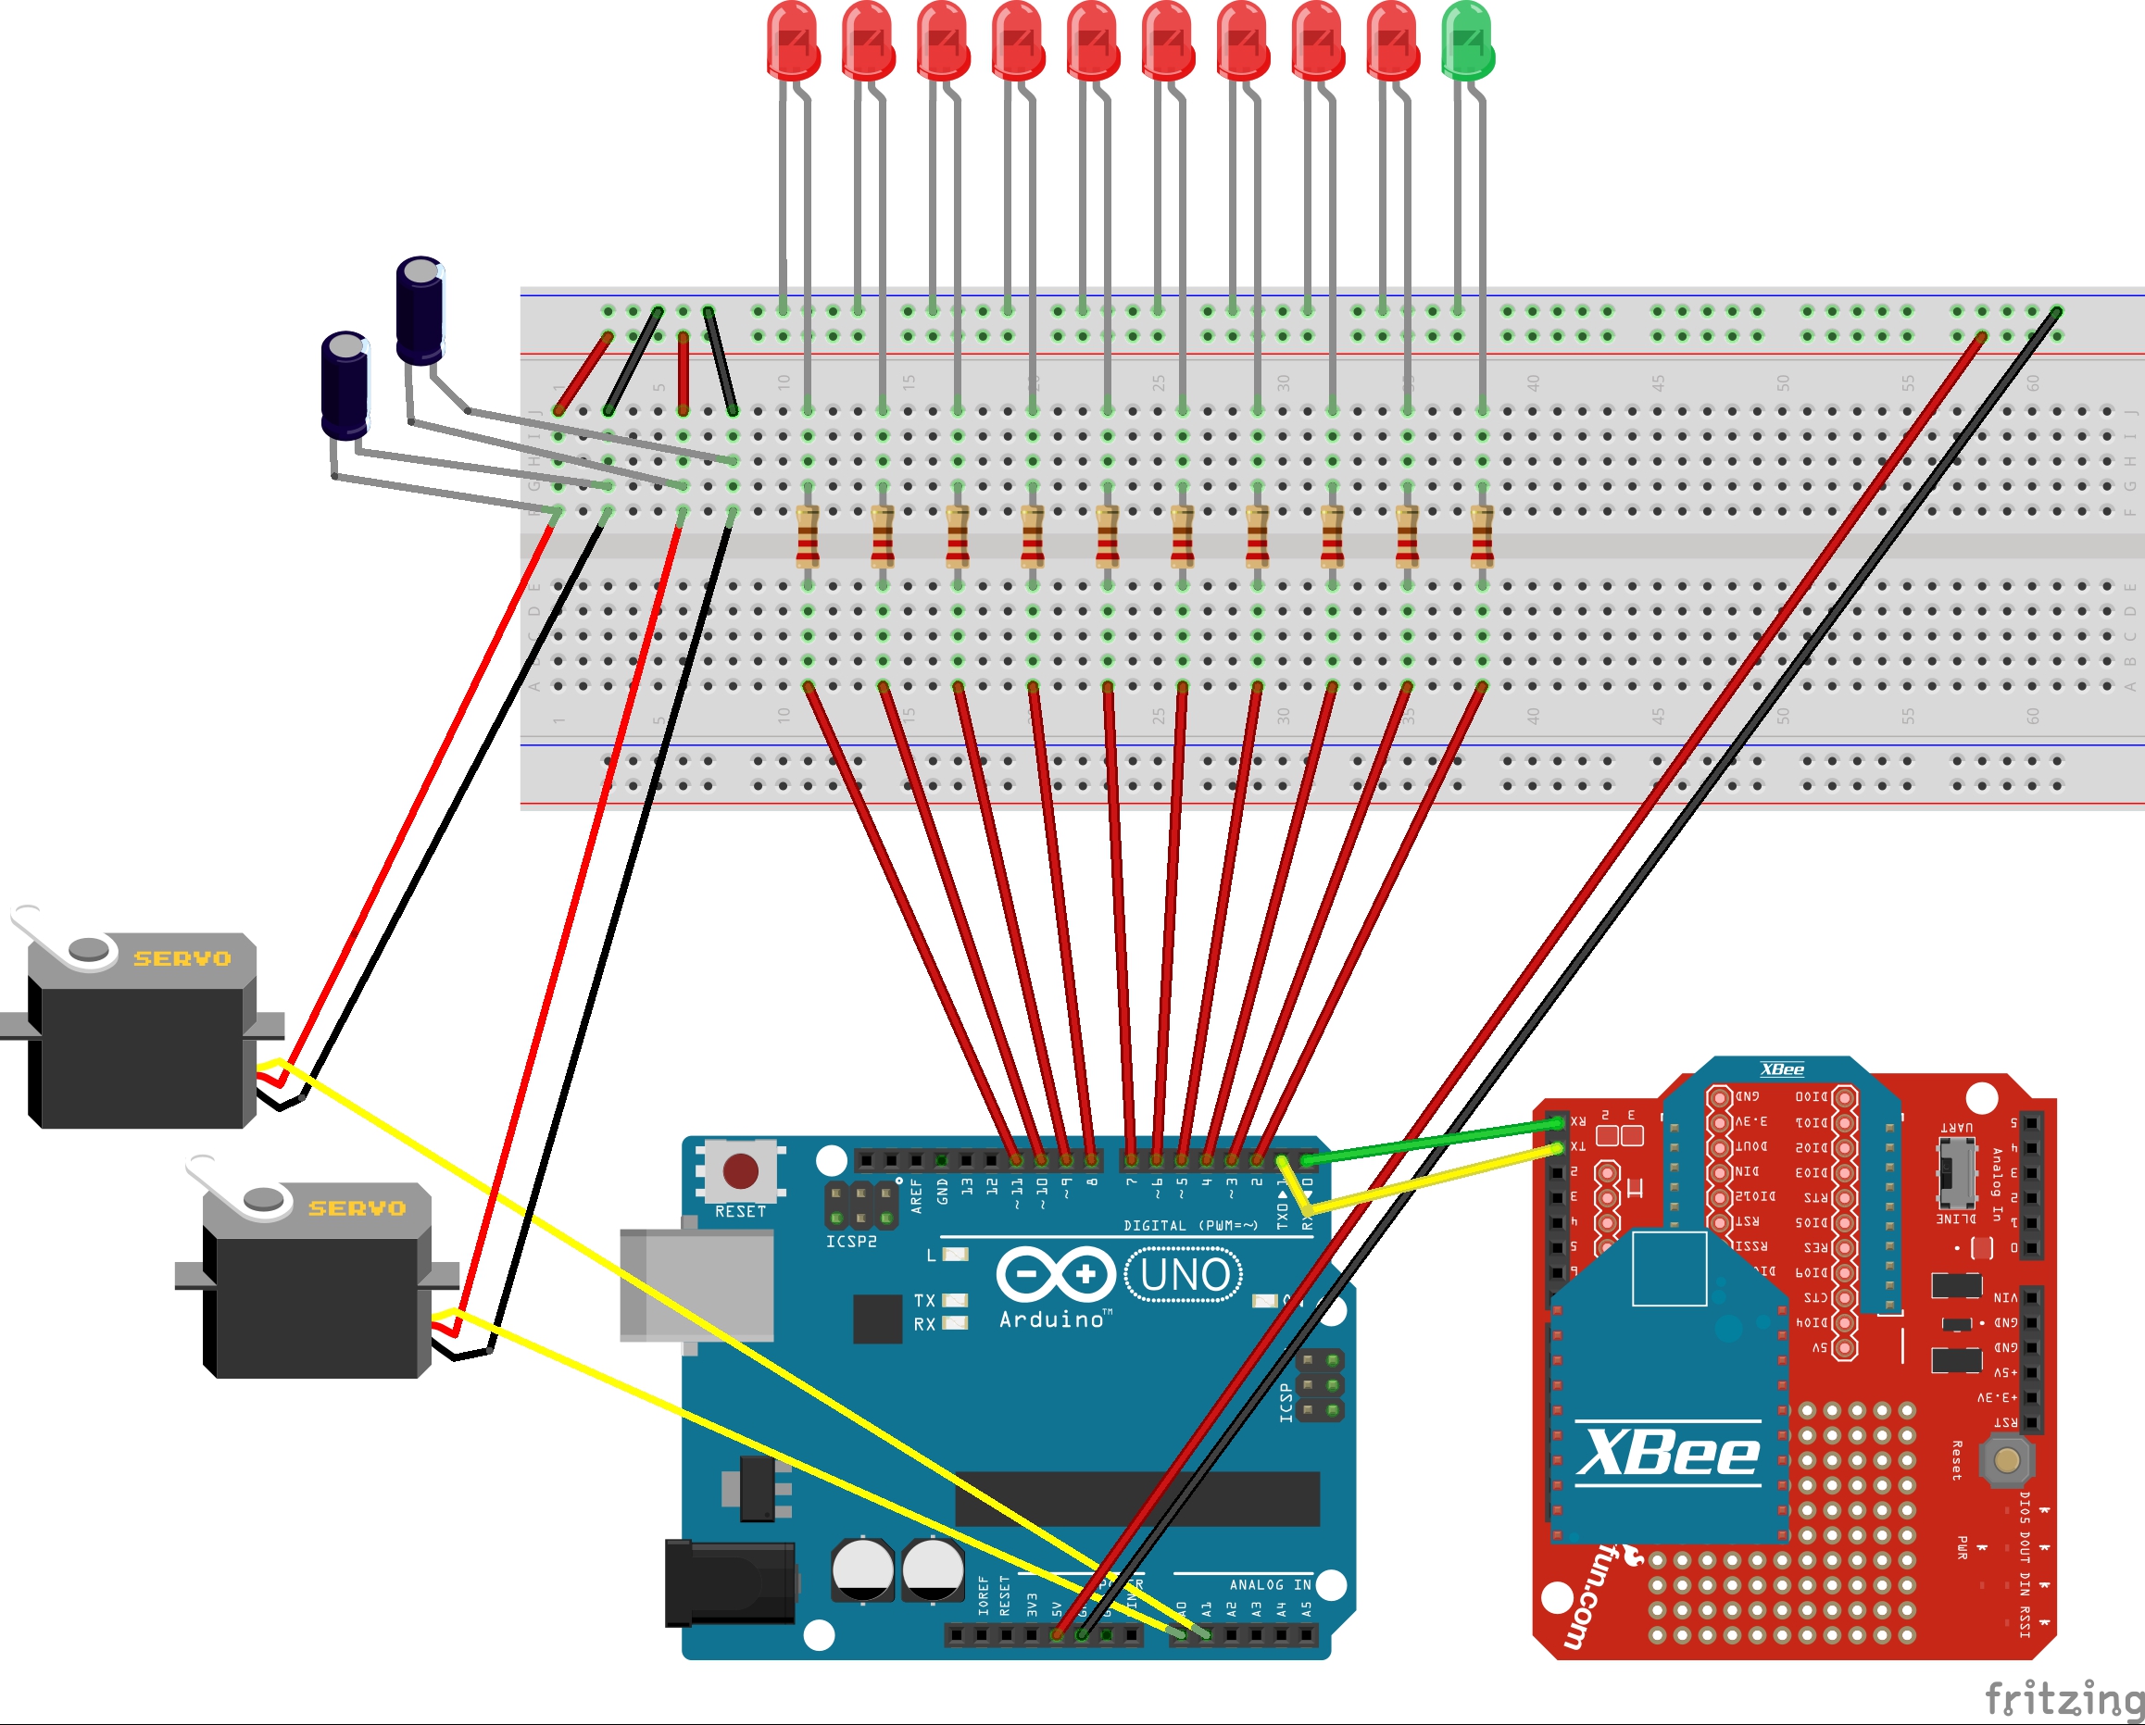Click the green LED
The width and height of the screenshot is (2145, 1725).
click(1467, 40)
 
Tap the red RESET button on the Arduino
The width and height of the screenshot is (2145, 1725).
click(740, 1171)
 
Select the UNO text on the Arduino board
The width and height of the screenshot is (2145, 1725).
click(1184, 1274)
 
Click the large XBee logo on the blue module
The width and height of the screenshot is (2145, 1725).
click(1668, 1454)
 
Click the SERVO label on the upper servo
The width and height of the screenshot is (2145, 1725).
click(182, 958)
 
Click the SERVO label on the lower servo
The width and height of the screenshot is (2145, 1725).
click(357, 1207)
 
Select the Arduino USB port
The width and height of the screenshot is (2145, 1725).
click(696, 1284)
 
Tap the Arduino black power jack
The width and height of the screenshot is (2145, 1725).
click(729, 1582)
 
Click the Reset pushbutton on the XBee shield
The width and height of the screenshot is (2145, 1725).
click(2007, 1459)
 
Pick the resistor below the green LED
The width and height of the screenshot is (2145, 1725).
click(1483, 537)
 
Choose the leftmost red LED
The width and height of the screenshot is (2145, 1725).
click(793, 40)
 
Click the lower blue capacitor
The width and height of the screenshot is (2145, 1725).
click(345, 385)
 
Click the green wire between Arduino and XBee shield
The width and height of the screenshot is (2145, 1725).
click(1433, 1141)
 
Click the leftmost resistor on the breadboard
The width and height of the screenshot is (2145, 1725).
click(808, 537)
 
